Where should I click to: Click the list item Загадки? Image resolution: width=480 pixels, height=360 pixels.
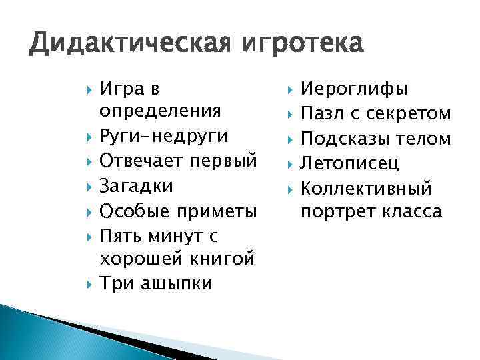[x=136, y=186]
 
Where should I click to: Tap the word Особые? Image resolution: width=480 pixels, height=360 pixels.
[x=131, y=211]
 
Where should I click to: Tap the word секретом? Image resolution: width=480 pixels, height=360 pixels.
[x=414, y=114]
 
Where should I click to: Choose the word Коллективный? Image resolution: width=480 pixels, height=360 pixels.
[x=367, y=187]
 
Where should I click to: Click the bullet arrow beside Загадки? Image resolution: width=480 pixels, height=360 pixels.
[x=89, y=186]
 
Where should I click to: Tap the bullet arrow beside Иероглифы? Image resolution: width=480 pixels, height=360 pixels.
[x=290, y=89]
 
